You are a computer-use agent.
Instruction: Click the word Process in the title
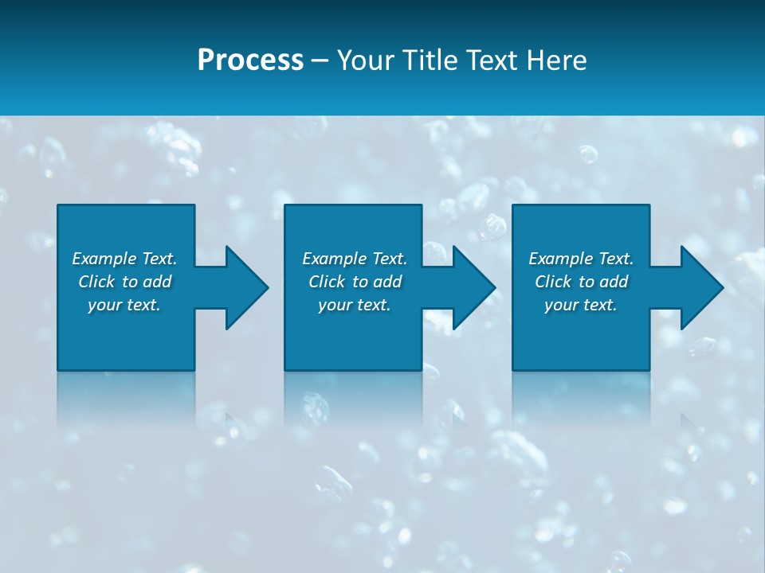point(250,60)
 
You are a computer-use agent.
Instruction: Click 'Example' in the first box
point(104,259)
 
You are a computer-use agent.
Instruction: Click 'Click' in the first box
point(96,282)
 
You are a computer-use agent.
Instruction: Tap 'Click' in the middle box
point(327,282)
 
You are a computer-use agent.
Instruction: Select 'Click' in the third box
point(553,282)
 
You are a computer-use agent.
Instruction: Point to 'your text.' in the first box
point(124,305)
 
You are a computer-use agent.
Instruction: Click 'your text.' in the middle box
point(354,305)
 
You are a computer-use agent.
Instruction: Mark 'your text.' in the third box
point(580,305)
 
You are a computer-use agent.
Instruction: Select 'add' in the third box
point(614,282)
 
